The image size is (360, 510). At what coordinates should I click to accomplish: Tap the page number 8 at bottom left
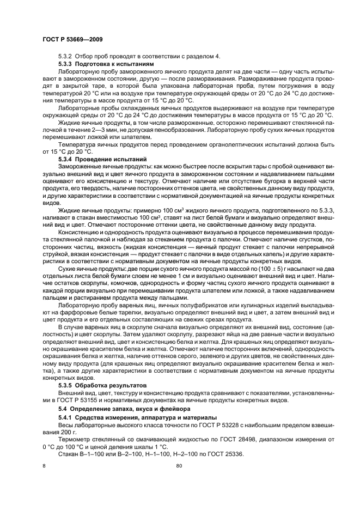click(45, 466)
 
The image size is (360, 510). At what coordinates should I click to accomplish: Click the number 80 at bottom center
click(179, 466)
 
